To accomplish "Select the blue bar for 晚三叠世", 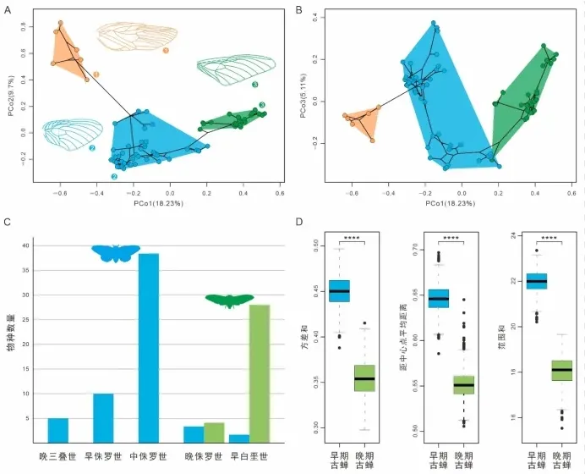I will tap(57, 430).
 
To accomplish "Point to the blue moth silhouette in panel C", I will tap(116, 252).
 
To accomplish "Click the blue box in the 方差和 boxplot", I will tap(339, 290).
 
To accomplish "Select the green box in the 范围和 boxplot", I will tap(538, 370).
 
